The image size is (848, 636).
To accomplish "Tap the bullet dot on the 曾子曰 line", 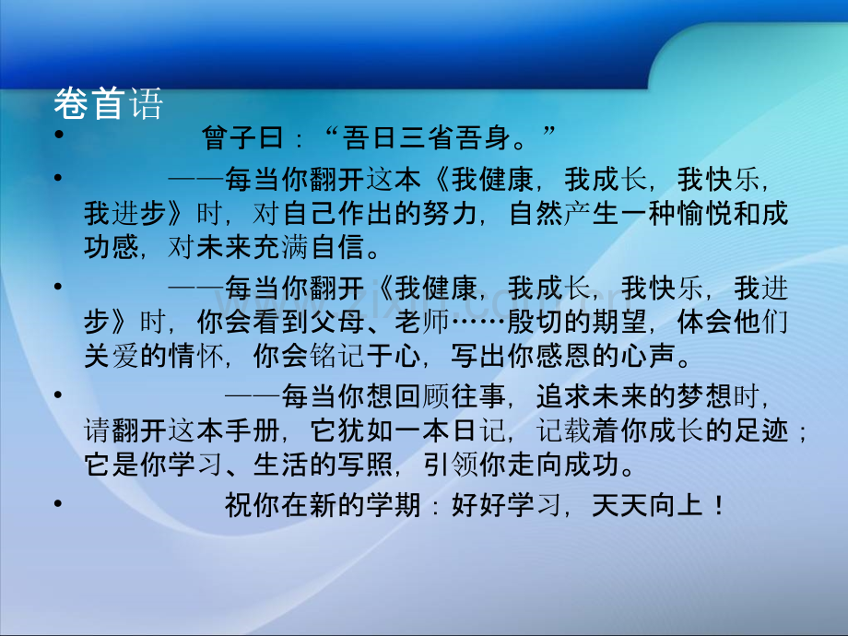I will (x=58, y=136).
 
